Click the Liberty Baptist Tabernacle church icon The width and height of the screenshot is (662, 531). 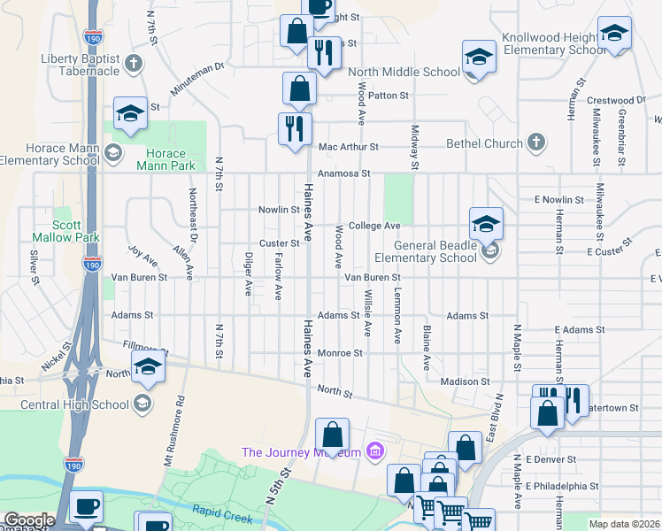pos(134,63)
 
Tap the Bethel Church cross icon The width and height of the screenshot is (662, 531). pos(535,142)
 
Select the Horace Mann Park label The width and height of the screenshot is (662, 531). pos(165,158)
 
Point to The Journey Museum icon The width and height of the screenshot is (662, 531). pos(374,452)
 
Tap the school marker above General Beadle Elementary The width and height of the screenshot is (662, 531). pos(486,225)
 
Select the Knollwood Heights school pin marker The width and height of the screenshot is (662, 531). pos(614,35)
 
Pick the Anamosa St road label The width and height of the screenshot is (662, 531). pos(343,174)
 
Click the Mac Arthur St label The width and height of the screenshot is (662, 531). pos(349,147)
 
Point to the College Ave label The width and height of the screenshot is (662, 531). pos(374,226)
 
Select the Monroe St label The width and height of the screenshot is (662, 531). pos(340,352)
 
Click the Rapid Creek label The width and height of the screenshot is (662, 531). pos(222,510)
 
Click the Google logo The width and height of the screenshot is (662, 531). pos(29,520)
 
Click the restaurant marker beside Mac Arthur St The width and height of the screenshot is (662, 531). pos(295,128)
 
